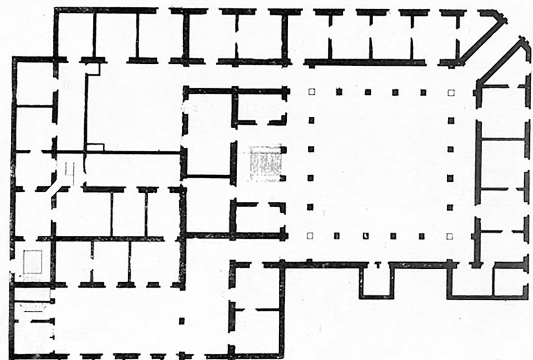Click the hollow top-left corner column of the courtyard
coord(311,92)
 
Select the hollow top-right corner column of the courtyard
coord(450,92)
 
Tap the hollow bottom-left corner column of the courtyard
coord(310,235)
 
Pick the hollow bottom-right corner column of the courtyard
coord(450,236)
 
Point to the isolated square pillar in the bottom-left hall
coord(181,320)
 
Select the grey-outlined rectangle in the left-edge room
coord(32,262)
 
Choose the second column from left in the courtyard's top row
coord(339,92)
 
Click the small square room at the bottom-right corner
coord(509,282)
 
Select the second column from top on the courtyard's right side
coord(450,120)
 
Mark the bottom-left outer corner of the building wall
coord(12,357)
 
